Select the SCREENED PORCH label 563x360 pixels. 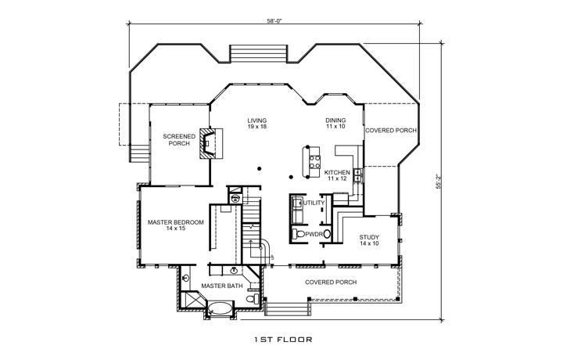point(179,139)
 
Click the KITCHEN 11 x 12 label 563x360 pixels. point(336,175)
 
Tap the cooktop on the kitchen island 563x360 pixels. point(316,162)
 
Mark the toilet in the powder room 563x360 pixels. point(299,234)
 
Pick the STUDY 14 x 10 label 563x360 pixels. point(369,240)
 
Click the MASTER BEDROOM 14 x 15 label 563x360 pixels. point(176,225)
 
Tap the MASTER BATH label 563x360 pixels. point(222,286)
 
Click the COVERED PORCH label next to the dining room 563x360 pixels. point(390,131)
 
